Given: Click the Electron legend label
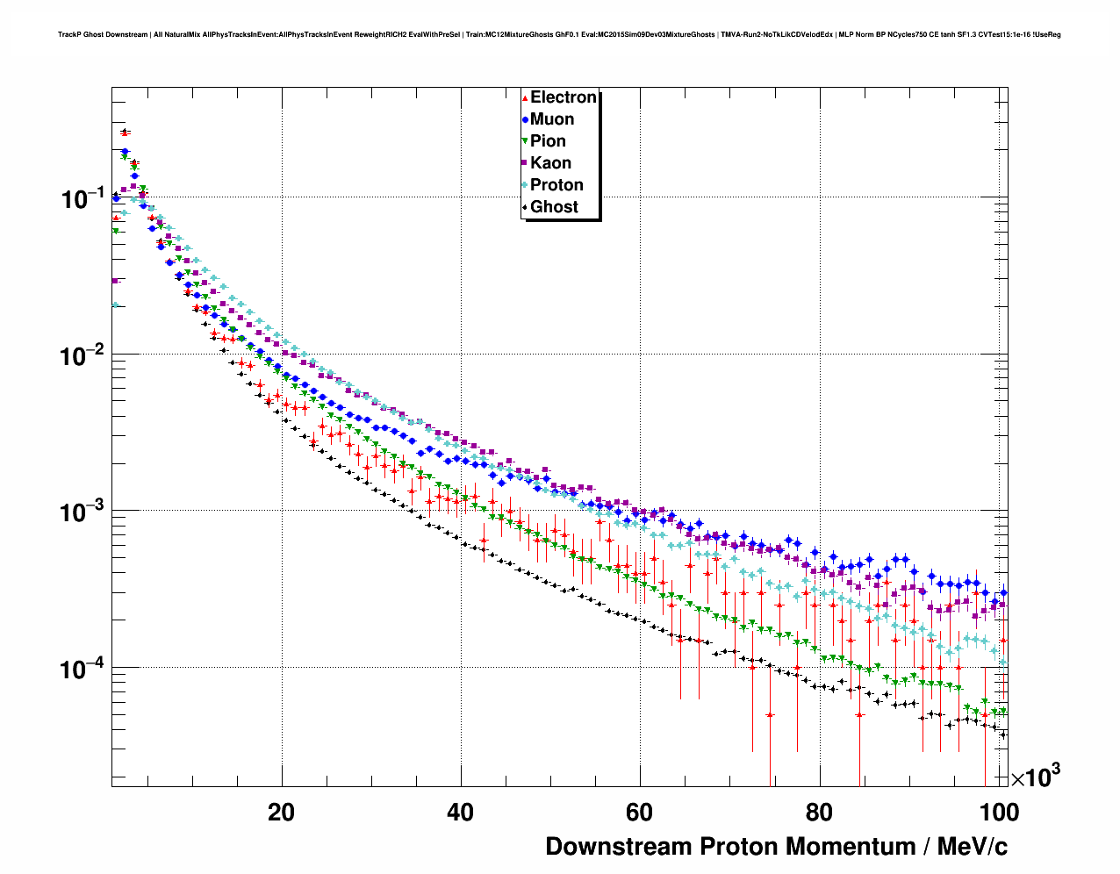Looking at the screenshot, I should pyautogui.click(x=564, y=97).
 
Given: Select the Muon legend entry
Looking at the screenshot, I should pyautogui.click(x=552, y=119).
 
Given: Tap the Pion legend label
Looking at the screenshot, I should pyautogui.click(x=548, y=141).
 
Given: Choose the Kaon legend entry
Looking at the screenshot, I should pyautogui.click(x=550, y=163).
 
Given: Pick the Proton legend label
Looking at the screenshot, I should pyautogui.click(x=556, y=185).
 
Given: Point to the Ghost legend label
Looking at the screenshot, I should pyautogui.click(x=554, y=207).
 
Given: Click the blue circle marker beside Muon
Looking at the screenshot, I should pyautogui.click(x=525, y=119).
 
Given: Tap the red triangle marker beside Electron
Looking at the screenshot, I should pyautogui.click(x=525, y=97).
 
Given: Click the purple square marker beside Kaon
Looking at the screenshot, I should pyautogui.click(x=525, y=163).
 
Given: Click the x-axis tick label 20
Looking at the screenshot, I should pyautogui.click(x=281, y=813).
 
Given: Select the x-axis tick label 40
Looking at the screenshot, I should pyautogui.click(x=460, y=813).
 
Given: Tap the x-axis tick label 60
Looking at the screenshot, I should pyautogui.click(x=640, y=813).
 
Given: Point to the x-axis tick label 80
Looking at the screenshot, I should pyautogui.click(x=819, y=813).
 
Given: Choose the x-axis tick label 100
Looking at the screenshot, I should pyautogui.click(x=1000, y=813).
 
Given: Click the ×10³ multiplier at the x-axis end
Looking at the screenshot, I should pyautogui.click(x=1035, y=777).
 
